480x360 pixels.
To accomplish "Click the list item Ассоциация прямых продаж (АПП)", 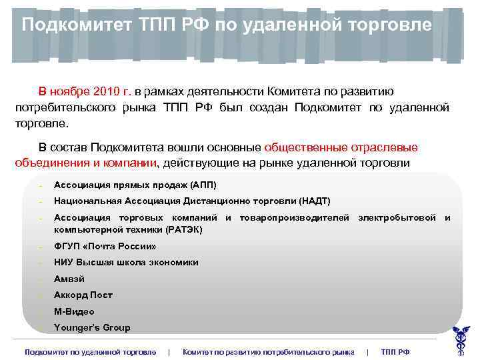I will tap(135, 185).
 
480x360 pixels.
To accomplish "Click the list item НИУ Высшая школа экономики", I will tap(126, 263).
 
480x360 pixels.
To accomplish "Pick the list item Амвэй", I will tap(69, 279).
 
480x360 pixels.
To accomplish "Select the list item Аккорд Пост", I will tap(83, 295).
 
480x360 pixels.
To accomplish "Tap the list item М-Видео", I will tap(74, 311).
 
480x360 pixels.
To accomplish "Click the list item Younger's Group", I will tap(92, 327).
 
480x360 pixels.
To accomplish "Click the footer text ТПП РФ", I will tap(395, 351).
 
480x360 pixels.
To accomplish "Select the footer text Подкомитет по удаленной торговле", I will tap(90, 351).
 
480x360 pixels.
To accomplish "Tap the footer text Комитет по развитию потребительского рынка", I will tap(268, 351).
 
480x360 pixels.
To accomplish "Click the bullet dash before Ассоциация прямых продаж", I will tap(41, 185).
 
